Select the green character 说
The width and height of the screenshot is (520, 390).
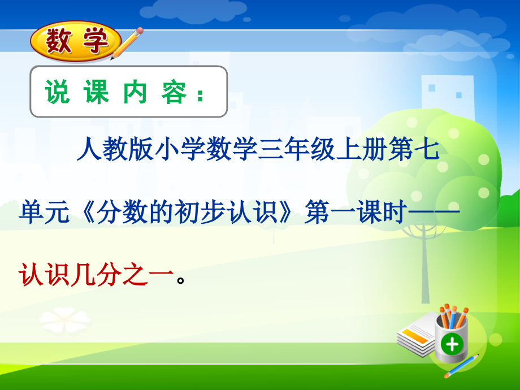click(57, 92)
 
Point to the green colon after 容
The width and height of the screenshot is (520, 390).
click(201, 94)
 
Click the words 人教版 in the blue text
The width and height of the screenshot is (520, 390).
click(107, 150)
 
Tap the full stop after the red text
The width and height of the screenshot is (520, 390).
click(181, 280)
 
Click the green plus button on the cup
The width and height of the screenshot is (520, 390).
click(452, 343)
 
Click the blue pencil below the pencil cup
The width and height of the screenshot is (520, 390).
click(461, 366)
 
